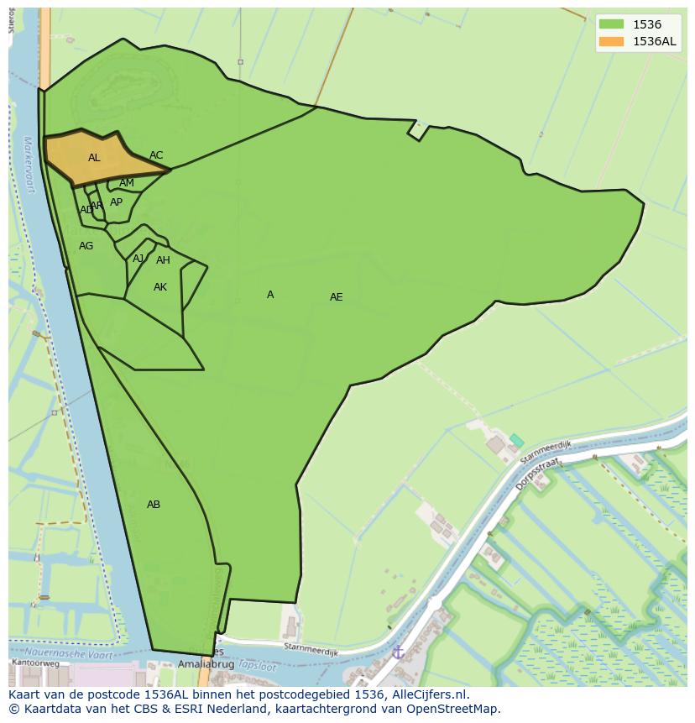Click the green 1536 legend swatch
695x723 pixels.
pyautogui.click(x=611, y=24)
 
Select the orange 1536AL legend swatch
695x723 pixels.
pyautogui.click(x=611, y=41)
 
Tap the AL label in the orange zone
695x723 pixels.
pyautogui.click(x=94, y=158)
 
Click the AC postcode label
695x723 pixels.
pyautogui.click(x=156, y=155)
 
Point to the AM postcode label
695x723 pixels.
pyautogui.click(x=127, y=183)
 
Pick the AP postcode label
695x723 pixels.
pyautogui.click(x=116, y=202)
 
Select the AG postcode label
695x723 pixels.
pyautogui.click(x=86, y=246)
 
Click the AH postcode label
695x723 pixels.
pyautogui.click(x=163, y=260)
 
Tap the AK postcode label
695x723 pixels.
pyautogui.click(x=160, y=287)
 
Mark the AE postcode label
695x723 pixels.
pyautogui.click(x=336, y=297)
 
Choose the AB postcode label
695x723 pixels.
pyautogui.click(x=154, y=505)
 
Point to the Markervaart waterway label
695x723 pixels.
pyautogui.click(x=29, y=165)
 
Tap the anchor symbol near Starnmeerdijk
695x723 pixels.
pyautogui.click(x=399, y=652)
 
